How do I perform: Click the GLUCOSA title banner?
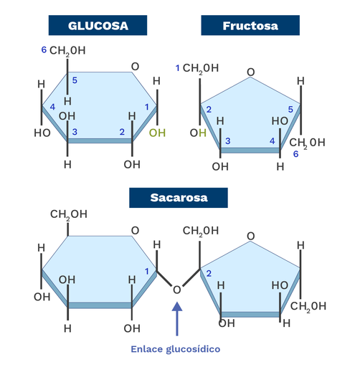tap(98, 25)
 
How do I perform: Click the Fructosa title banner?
tap(250, 25)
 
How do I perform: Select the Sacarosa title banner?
tap(179, 198)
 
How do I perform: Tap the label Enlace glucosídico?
tap(176, 349)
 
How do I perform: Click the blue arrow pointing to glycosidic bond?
tap(177, 319)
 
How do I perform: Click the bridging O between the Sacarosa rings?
tap(176, 290)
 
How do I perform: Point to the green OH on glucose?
tap(157, 133)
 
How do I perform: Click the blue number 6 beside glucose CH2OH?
tap(44, 49)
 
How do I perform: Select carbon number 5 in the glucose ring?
tap(75, 80)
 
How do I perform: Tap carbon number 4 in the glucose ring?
tap(52, 107)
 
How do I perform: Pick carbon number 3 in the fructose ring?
tap(228, 141)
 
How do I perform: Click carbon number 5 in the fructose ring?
tap(290, 110)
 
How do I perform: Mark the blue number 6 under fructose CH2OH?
tap(295, 154)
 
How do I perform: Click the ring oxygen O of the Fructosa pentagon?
tap(250, 72)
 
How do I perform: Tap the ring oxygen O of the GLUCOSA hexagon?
tap(135, 67)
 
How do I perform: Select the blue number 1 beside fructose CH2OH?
tap(178, 68)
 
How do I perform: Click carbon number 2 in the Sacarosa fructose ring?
tap(209, 274)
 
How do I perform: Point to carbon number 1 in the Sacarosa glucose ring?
tap(147, 272)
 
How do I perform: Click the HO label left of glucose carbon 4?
tap(42, 133)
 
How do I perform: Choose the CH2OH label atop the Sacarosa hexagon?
tap(69, 214)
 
